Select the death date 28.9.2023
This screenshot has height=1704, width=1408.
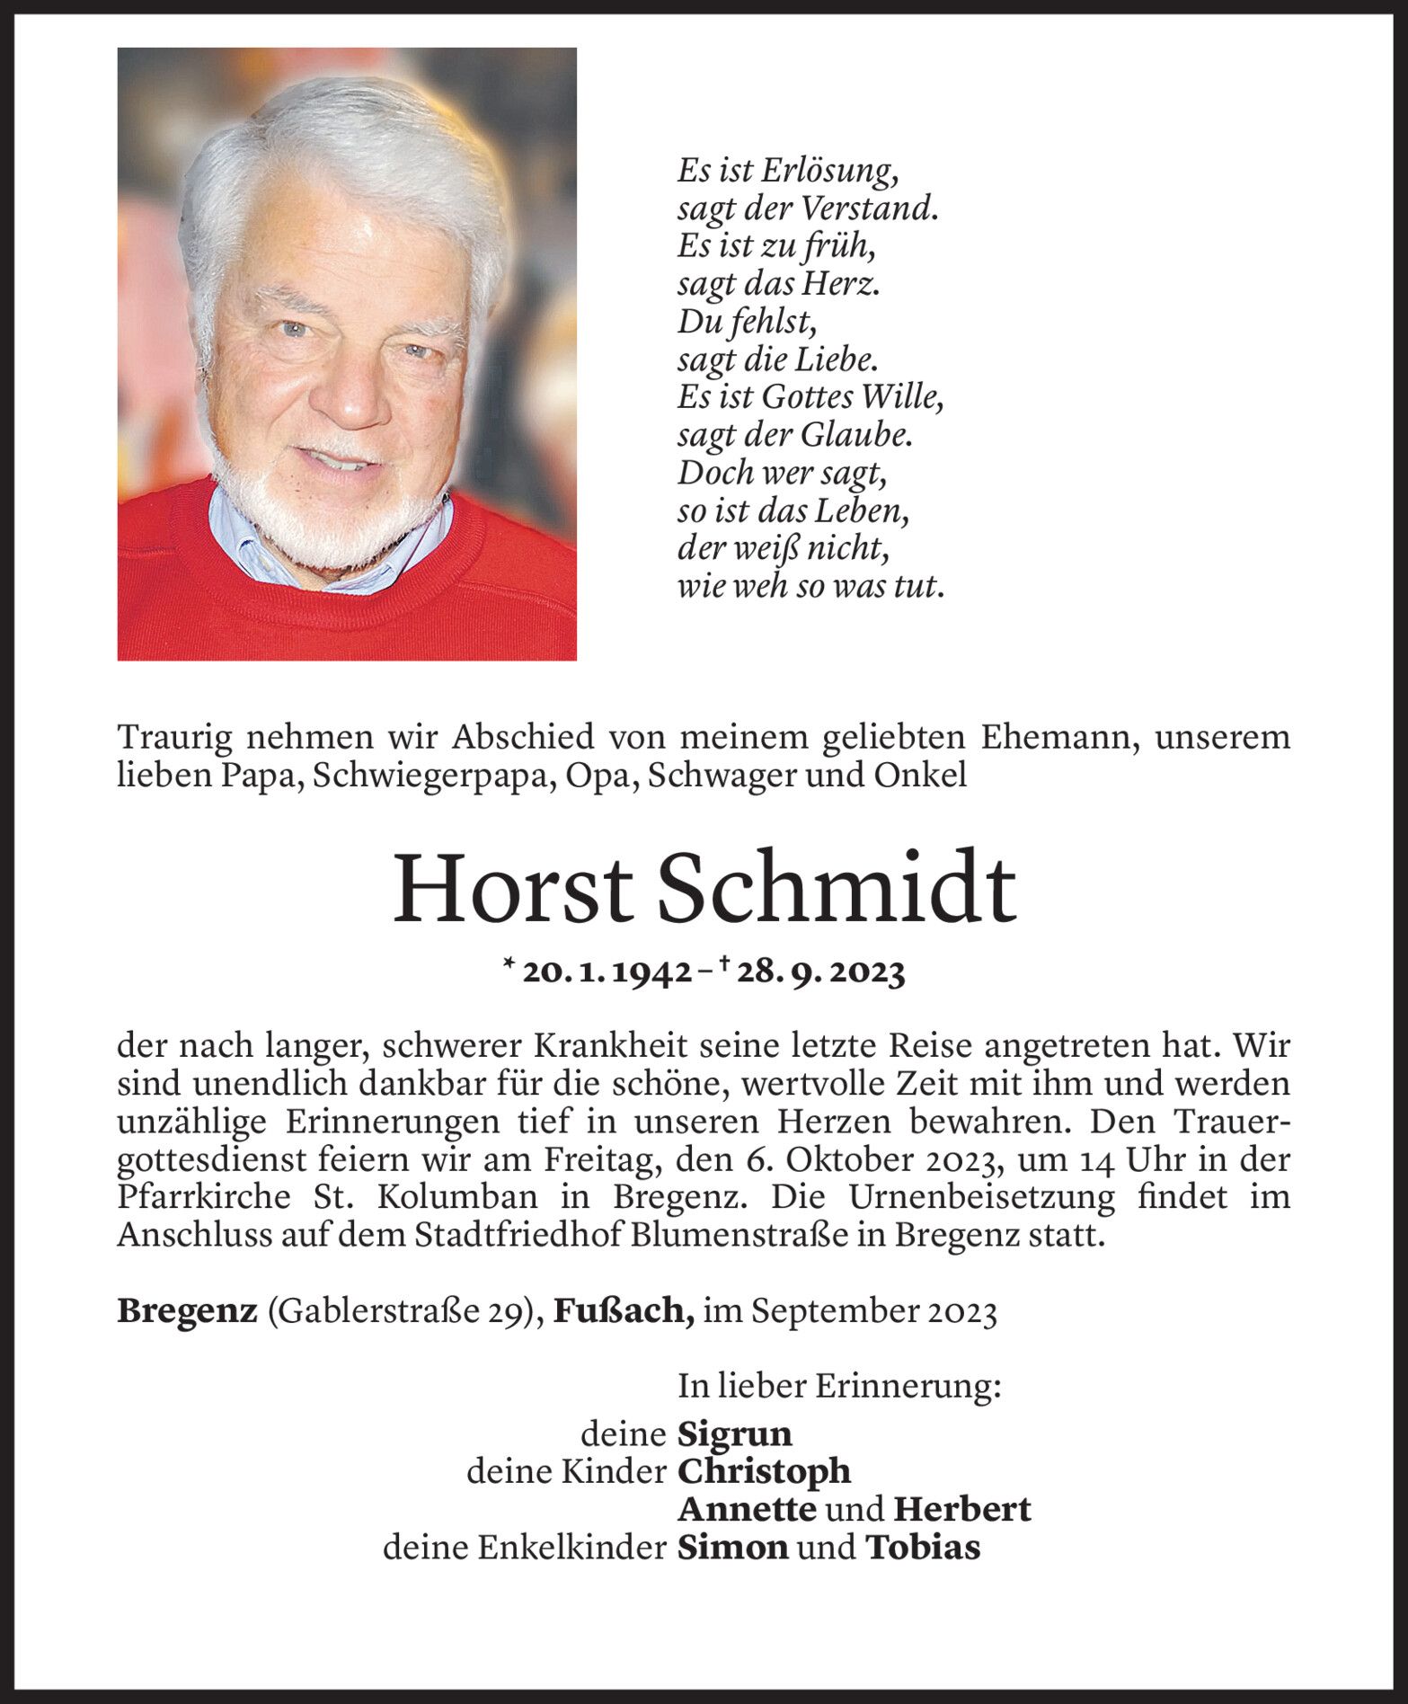point(818,972)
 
